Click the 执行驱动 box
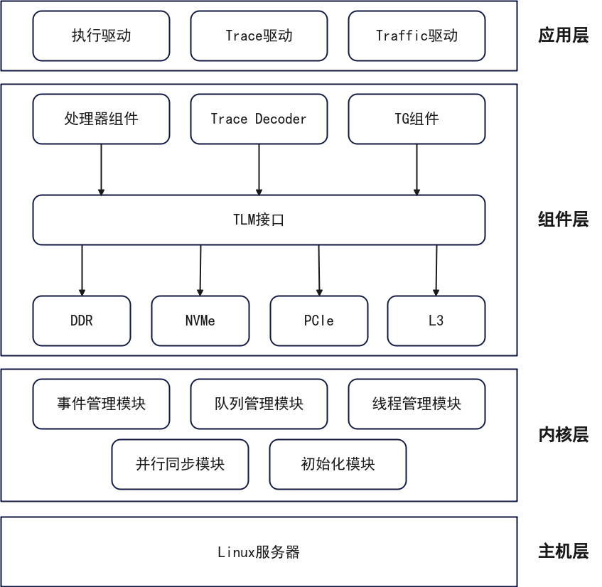101,36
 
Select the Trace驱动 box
259,36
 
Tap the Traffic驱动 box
416,36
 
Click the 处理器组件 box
101,119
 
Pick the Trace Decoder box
259,119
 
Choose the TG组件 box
416,119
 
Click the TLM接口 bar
259,220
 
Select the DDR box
82,321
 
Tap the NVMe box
200,321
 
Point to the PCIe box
318,321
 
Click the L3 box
436,321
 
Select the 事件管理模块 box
101,404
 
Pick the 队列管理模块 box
259,404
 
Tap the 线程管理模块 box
416,404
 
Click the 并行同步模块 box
180,464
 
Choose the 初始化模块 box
338,464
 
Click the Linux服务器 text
259,552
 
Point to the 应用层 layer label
563,36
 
